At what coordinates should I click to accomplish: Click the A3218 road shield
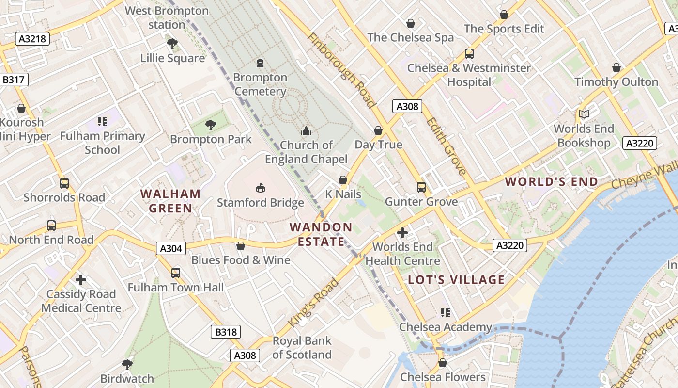[x=33, y=39]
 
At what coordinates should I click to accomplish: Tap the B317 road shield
[x=14, y=80]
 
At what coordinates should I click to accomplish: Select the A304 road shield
[x=171, y=249]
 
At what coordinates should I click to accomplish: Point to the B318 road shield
[x=226, y=332]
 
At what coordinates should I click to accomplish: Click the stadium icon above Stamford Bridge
[x=260, y=188]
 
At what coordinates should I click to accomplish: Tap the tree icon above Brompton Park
[x=210, y=125]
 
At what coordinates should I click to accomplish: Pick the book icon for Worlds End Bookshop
[x=584, y=114]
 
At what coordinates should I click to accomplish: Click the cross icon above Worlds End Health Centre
[x=402, y=233]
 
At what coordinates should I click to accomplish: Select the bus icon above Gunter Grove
[x=421, y=187]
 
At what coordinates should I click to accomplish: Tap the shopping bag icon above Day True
[x=378, y=130]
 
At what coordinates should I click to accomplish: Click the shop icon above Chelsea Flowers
[x=442, y=363]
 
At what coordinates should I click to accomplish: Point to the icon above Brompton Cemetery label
[x=260, y=63]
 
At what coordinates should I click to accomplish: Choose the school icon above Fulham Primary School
[x=102, y=121]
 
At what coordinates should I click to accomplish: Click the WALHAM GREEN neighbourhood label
[x=170, y=201]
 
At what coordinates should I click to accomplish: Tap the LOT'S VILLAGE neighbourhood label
[x=456, y=280]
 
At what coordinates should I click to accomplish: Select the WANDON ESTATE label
[x=321, y=234]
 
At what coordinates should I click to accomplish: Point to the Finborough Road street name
[x=341, y=70]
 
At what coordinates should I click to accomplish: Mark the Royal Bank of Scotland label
[x=302, y=348]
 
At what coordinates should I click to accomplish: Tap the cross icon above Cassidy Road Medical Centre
[x=81, y=280]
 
